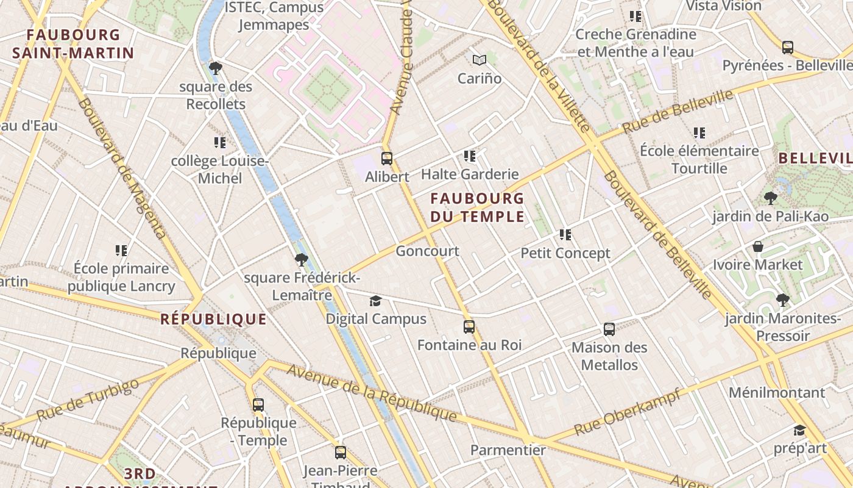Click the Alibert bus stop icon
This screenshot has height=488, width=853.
tap(387, 159)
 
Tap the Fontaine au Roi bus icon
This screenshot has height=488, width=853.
tap(469, 327)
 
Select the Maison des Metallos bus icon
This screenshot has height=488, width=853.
tap(609, 329)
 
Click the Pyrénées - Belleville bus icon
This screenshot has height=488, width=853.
tap(788, 47)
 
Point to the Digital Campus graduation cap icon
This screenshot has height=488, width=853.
tap(376, 301)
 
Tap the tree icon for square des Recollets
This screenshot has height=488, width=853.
tap(215, 68)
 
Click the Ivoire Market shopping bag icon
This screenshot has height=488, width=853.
tap(758, 246)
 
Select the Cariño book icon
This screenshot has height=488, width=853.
tap(480, 60)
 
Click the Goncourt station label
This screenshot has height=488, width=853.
tap(428, 251)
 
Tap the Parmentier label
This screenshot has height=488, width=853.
tap(508, 450)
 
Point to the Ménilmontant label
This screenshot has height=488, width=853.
tap(777, 392)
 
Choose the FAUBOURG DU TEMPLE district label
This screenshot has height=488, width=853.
tap(477, 207)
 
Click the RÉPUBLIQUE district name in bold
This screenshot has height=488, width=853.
tap(213, 319)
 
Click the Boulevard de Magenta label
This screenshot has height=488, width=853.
tap(122, 168)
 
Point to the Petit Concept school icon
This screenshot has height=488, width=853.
tap(565, 235)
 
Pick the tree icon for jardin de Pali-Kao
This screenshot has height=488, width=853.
tap(771, 198)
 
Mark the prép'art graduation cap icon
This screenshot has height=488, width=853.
tap(799, 430)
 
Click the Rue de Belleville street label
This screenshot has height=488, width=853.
tap(678, 113)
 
